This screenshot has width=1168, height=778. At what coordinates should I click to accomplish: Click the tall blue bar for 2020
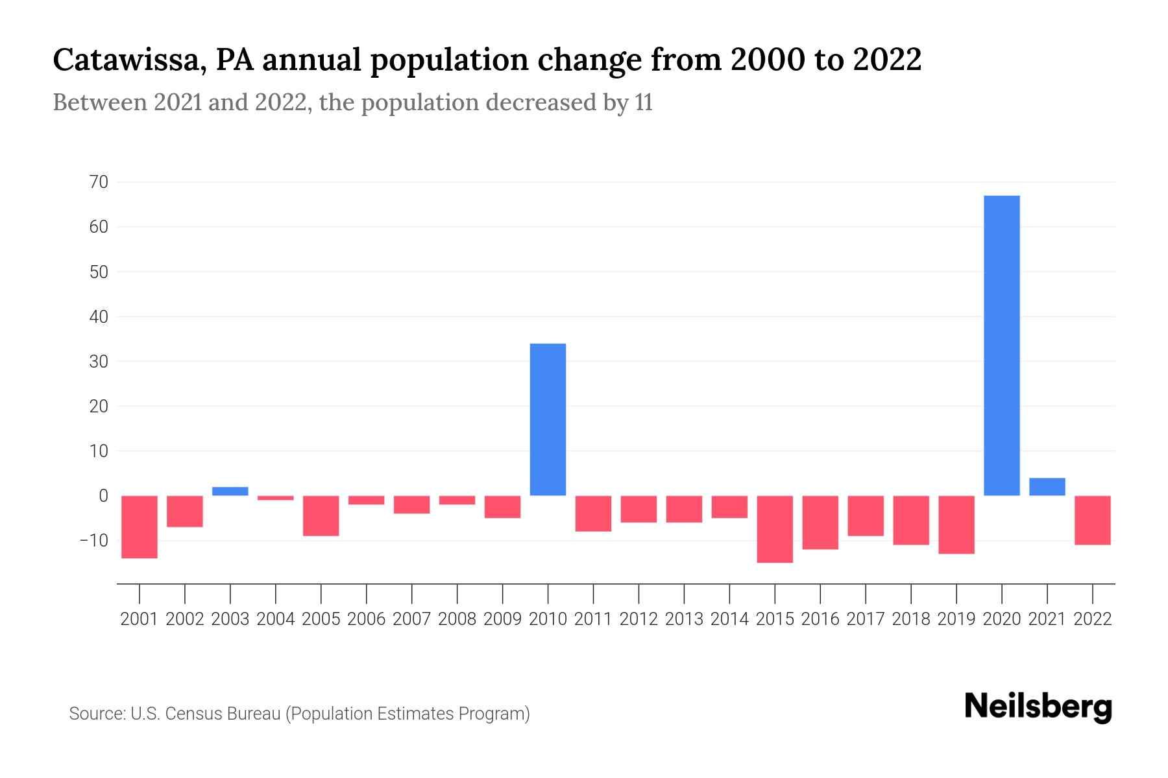pyautogui.click(x=1002, y=345)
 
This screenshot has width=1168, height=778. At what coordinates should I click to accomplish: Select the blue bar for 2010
pyautogui.click(x=548, y=419)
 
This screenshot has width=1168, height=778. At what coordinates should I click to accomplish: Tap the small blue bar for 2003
pyautogui.click(x=230, y=491)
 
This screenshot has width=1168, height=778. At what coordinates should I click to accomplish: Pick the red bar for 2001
pyautogui.click(x=140, y=526)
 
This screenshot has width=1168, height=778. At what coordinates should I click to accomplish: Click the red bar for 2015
pyautogui.click(x=775, y=529)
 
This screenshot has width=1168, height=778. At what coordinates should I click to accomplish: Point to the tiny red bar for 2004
pyautogui.click(x=276, y=498)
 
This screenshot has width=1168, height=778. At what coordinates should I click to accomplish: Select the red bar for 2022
pyautogui.click(x=1093, y=520)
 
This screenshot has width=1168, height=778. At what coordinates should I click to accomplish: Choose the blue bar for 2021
pyautogui.click(x=1047, y=487)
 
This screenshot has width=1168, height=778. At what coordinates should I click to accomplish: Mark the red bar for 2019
pyautogui.click(x=956, y=525)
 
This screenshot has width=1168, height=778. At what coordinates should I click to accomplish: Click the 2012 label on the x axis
pyautogui.click(x=639, y=619)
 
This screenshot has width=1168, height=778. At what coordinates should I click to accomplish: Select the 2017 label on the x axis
pyautogui.click(x=866, y=619)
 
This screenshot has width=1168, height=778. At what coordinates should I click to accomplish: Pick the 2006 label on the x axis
pyautogui.click(x=367, y=619)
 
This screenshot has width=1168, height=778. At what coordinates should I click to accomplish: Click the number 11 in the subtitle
pyautogui.click(x=644, y=102)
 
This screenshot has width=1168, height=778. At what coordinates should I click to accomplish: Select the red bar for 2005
pyautogui.click(x=321, y=515)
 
